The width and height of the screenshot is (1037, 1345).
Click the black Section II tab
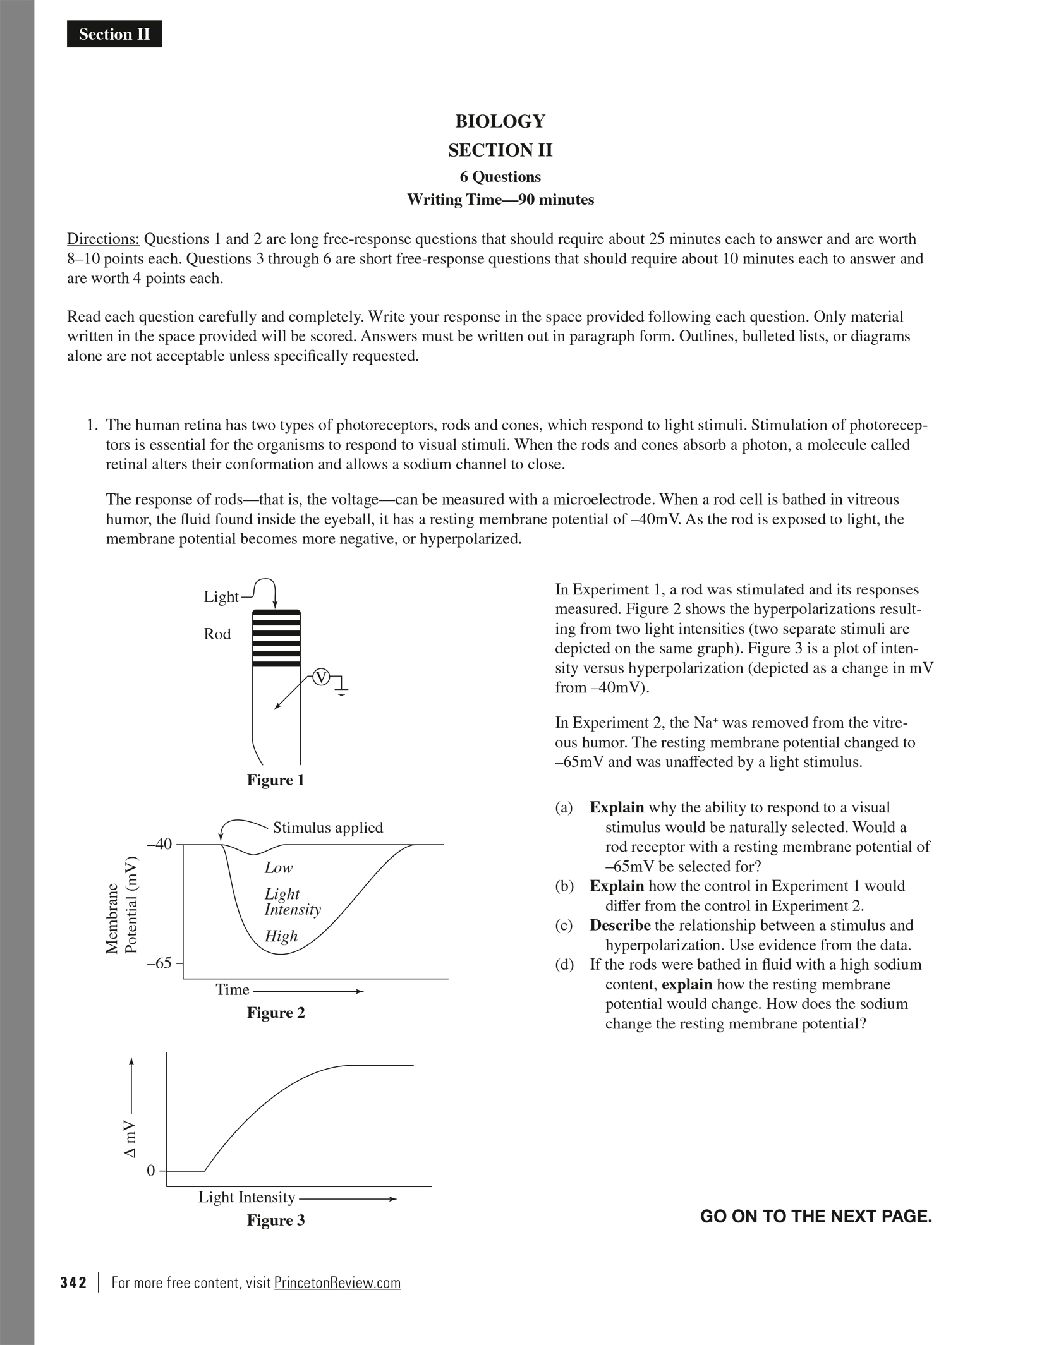point(114,34)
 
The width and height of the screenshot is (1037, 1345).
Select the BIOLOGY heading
point(500,121)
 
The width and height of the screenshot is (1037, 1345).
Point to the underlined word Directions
point(103,239)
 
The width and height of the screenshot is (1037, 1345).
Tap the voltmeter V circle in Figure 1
point(322,678)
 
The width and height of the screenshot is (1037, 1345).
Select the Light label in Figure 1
point(221,597)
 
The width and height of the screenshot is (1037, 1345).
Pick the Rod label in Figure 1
point(217,634)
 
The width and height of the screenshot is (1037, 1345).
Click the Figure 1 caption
point(276,780)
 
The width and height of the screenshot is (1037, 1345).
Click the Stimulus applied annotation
point(327,828)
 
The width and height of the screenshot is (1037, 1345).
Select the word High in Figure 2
point(281,936)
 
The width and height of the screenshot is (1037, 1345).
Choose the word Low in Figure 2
point(279,868)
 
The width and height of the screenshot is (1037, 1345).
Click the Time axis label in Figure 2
point(232,990)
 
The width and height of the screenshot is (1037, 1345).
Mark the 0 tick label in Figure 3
point(150,1171)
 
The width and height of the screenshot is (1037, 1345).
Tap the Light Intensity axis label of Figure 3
point(246,1197)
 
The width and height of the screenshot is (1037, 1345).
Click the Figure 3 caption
point(276,1221)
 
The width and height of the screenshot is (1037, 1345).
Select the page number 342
point(73,1283)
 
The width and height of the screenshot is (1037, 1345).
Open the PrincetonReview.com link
point(337,1283)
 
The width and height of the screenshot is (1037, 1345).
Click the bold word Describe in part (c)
point(620,926)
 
